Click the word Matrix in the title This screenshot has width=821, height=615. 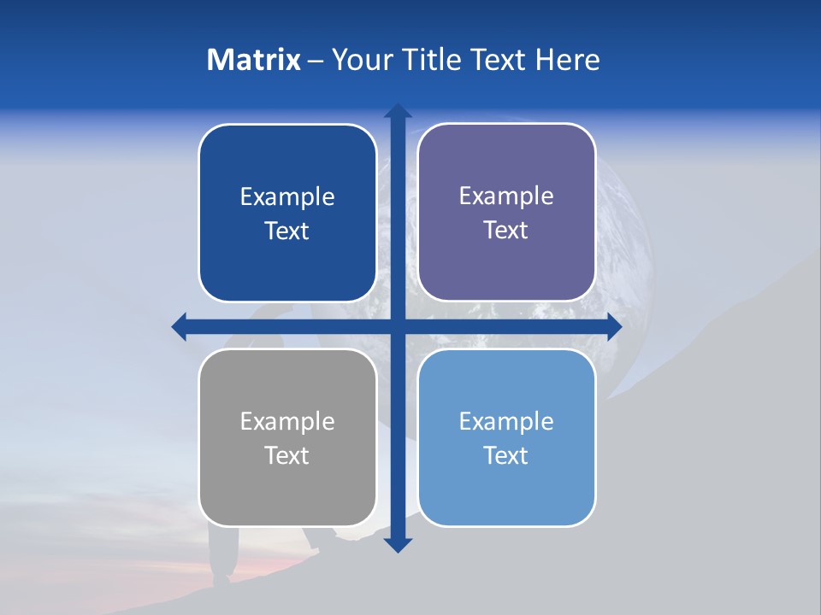[x=253, y=60]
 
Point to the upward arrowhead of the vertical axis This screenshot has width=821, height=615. [x=398, y=111]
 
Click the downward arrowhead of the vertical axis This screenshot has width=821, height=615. [x=398, y=544]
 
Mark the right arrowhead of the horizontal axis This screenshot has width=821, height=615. [x=614, y=326]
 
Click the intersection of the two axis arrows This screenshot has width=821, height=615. [x=398, y=326]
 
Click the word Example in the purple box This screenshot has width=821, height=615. [x=506, y=196]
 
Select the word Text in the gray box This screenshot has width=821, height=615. [x=286, y=455]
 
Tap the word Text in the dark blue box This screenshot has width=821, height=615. [x=286, y=231]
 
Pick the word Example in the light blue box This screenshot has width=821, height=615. [x=506, y=421]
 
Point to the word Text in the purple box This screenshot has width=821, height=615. [x=505, y=230]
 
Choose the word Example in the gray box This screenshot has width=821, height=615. [x=287, y=421]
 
